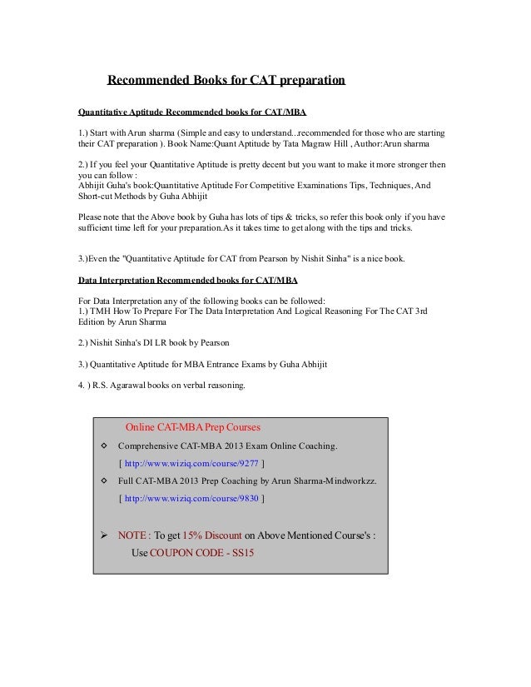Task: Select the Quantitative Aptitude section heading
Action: coord(196,110)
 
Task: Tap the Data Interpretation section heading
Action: coord(187,279)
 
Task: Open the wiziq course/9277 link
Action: coord(191,463)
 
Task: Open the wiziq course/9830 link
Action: coord(191,499)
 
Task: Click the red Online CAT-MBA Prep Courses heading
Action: coord(192,428)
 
